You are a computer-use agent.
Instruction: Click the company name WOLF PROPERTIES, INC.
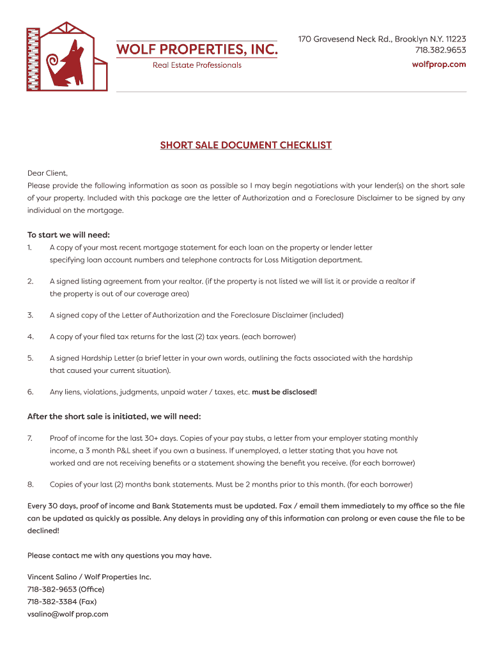click(x=196, y=49)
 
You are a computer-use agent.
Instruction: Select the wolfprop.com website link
click(x=438, y=65)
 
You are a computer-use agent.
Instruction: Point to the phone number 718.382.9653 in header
click(x=440, y=50)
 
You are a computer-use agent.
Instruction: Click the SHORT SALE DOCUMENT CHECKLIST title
click(x=246, y=145)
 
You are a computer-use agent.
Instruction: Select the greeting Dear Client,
click(x=47, y=173)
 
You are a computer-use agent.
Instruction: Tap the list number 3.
click(x=30, y=316)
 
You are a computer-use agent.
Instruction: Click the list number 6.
click(x=30, y=392)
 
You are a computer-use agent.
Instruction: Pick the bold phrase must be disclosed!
click(x=284, y=392)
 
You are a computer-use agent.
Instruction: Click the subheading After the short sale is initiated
click(x=114, y=416)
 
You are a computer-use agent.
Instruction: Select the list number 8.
click(x=30, y=484)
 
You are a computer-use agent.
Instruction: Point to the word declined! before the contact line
click(x=43, y=530)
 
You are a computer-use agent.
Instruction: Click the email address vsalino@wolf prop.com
click(x=68, y=614)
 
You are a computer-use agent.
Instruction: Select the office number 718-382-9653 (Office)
click(x=65, y=589)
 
